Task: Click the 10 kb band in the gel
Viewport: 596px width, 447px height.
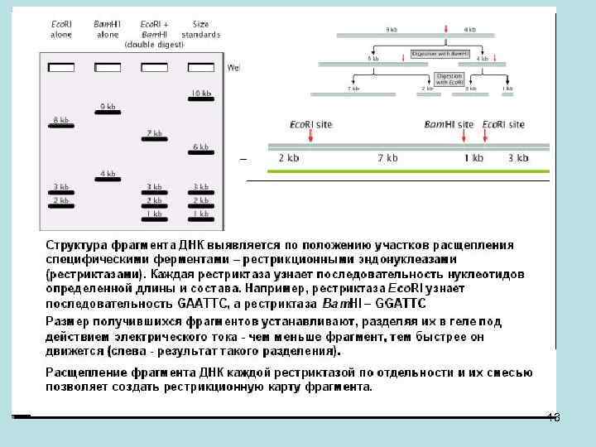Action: point(200,100)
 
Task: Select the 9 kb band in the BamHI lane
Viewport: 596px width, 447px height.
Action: point(108,114)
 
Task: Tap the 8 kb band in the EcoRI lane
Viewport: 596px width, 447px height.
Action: point(61,127)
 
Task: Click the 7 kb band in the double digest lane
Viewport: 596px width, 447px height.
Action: point(154,141)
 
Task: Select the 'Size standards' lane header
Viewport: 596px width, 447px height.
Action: point(200,30)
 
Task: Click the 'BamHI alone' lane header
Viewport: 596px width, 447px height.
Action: point(108,30)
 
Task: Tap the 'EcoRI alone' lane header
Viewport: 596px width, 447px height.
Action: point(61,30)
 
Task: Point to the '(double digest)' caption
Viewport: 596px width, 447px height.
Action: point(155,45)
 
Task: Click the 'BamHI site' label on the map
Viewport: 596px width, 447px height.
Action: point(448,124)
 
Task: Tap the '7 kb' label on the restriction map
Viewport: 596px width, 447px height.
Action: point(387,157)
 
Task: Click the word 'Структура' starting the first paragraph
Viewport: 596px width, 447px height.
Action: point(74,245)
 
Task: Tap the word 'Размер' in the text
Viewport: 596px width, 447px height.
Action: point(65,321)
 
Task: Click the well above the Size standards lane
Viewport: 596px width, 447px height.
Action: point(200,67)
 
